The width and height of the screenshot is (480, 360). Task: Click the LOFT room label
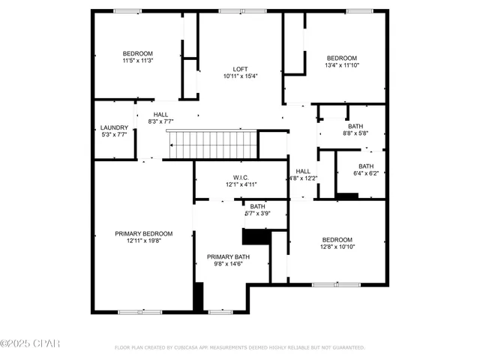pyautogui.click(x=240, y=69)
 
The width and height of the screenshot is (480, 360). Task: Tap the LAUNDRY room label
pyautogui.click(x=113, y=127)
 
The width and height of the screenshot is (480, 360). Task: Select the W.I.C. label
pyautogui.click(x=241, y=177)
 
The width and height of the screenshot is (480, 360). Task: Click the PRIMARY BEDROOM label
pyautogui.click(x=143, y=233)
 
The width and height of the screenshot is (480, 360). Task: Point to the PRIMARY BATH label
pyautogui.click(x=228, y=256)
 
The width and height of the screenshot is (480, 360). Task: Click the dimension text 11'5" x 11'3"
pyautogui.click(x=138, y=61)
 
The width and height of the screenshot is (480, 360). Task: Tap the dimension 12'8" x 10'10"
pyautogui.click(x=337, y=247)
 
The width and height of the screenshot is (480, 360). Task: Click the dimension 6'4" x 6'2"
pyautogui.click(x=365, y=173)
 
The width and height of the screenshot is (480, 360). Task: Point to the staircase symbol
pyautogui.click(x=211, y=142)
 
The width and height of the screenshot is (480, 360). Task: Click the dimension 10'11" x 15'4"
pyautogui.click(x=240, y=76)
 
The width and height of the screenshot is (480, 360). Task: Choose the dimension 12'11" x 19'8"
pyautogui.click(x=143, y=241)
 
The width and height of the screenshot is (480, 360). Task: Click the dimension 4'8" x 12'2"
pyautogui.click(x=303, y=178)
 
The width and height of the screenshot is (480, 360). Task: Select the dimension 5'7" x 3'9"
pyautogui.click(x=257, y=214)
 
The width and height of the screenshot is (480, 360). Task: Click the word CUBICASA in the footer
pyautogui.click(x=202, y=348)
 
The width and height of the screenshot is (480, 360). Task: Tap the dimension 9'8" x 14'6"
pyautogui.click(x=228, y=264)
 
